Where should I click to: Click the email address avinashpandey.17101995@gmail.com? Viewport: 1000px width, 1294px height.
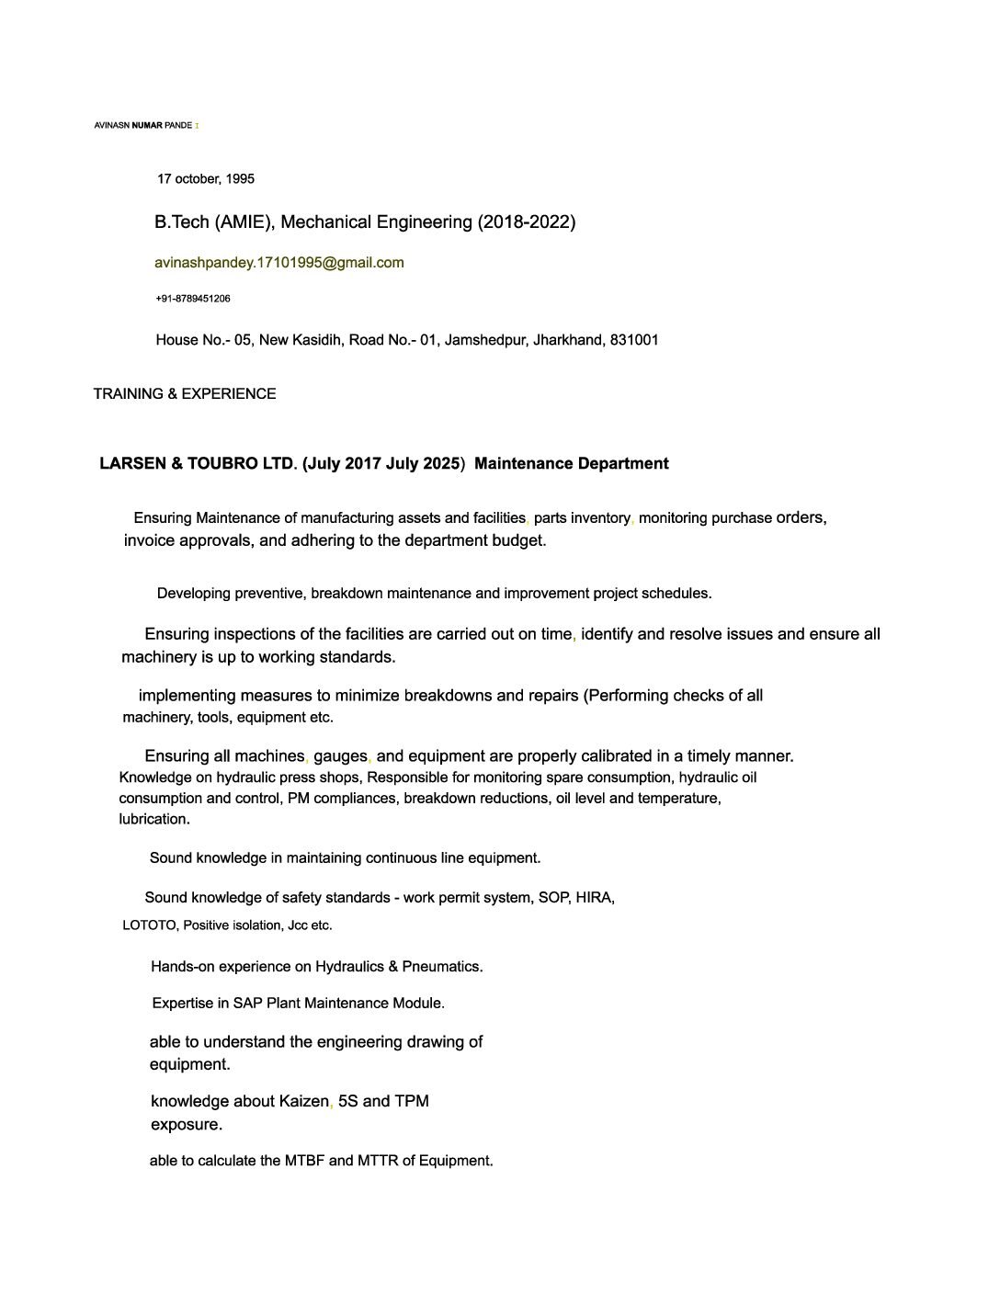tap(278, 263)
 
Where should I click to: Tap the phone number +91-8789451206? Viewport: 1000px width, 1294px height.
tap(193, 299)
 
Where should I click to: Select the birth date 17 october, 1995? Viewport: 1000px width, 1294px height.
tap(206, 178)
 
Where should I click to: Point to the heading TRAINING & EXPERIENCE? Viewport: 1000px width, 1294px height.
tap(185, 394)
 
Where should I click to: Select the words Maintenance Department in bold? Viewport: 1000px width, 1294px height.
tap(572, 464)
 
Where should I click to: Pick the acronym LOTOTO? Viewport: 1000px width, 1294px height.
tap(149, 925)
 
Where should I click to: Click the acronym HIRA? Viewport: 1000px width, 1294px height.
tap(594, 898)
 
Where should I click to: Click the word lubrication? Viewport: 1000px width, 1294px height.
tap(154, 819)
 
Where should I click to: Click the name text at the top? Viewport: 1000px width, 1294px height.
tap(143, 125)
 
